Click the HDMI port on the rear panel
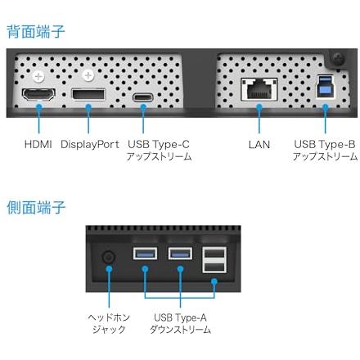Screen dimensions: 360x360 (38, 94)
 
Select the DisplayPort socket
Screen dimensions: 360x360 (88, 94)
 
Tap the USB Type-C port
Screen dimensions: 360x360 (143, 97)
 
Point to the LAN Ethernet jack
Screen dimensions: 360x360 (259, 89)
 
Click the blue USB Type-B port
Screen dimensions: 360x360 (326, 87)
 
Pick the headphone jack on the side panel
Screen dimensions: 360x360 (109, 257)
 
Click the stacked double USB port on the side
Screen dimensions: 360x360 (214, 260)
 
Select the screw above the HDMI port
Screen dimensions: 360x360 (38, 77)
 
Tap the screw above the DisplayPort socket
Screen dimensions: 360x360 (88, 75)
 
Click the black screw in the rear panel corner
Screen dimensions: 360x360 (339, 59)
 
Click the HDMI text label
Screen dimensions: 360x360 (38, 144)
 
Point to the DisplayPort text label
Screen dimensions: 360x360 (90, 145)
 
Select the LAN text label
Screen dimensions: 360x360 (259, 145)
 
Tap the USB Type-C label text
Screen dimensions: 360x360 (159, 145)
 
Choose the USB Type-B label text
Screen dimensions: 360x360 (325, 145)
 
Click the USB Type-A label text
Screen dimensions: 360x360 (180, 317)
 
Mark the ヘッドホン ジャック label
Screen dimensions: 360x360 (109, 323)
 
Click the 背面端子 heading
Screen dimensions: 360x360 (36, 31)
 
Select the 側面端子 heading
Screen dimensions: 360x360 (36, 207)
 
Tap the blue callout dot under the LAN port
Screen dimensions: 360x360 (259, 106)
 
